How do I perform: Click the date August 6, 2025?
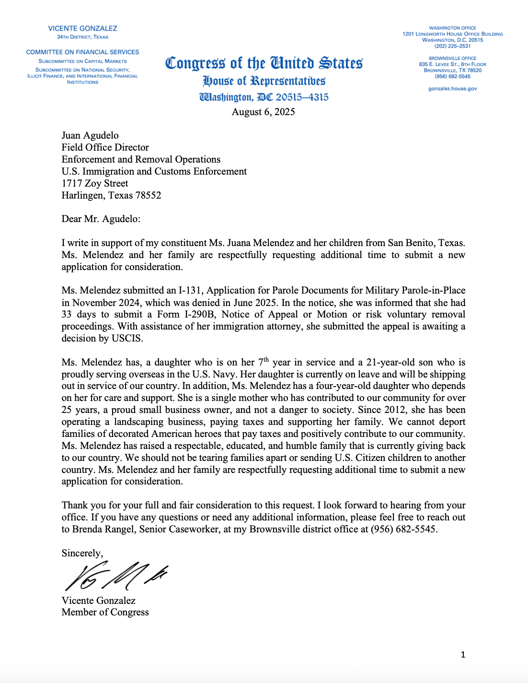pos(263,112)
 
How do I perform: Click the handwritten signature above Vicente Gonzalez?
pos(115,576)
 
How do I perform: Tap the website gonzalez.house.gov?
pos(452,89)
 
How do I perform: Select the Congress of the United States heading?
pos(264,63)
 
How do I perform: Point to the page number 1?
pos(463,655)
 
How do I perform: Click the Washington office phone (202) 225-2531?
pos(452,46)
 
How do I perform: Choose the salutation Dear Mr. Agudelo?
pos(101,219)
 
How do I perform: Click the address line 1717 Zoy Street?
pos(95,183)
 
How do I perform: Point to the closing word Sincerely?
pos(82,553)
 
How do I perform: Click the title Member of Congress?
pos(105,612)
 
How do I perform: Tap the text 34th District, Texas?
pos(82,37)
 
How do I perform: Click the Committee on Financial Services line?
pos(82,52)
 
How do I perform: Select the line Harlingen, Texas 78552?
pos(111,195)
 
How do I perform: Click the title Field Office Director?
pos(105,147)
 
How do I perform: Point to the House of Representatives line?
pos(264,81)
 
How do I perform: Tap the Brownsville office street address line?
pos(452,64)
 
